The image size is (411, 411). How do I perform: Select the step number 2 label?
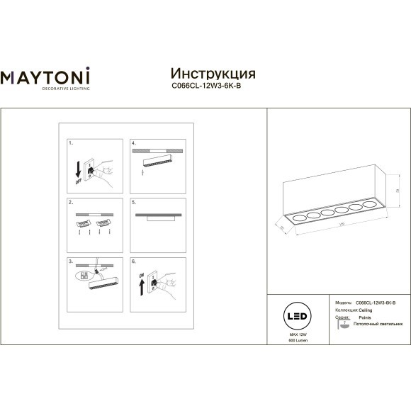coord(70,202)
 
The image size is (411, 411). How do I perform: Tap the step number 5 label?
coord(133,202)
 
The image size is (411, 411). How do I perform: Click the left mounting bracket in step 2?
coord(83,223)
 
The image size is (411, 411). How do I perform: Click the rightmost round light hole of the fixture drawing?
coord(367,205)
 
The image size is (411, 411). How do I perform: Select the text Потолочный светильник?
coord(374,324)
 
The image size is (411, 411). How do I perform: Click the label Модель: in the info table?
coord(342,303)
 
